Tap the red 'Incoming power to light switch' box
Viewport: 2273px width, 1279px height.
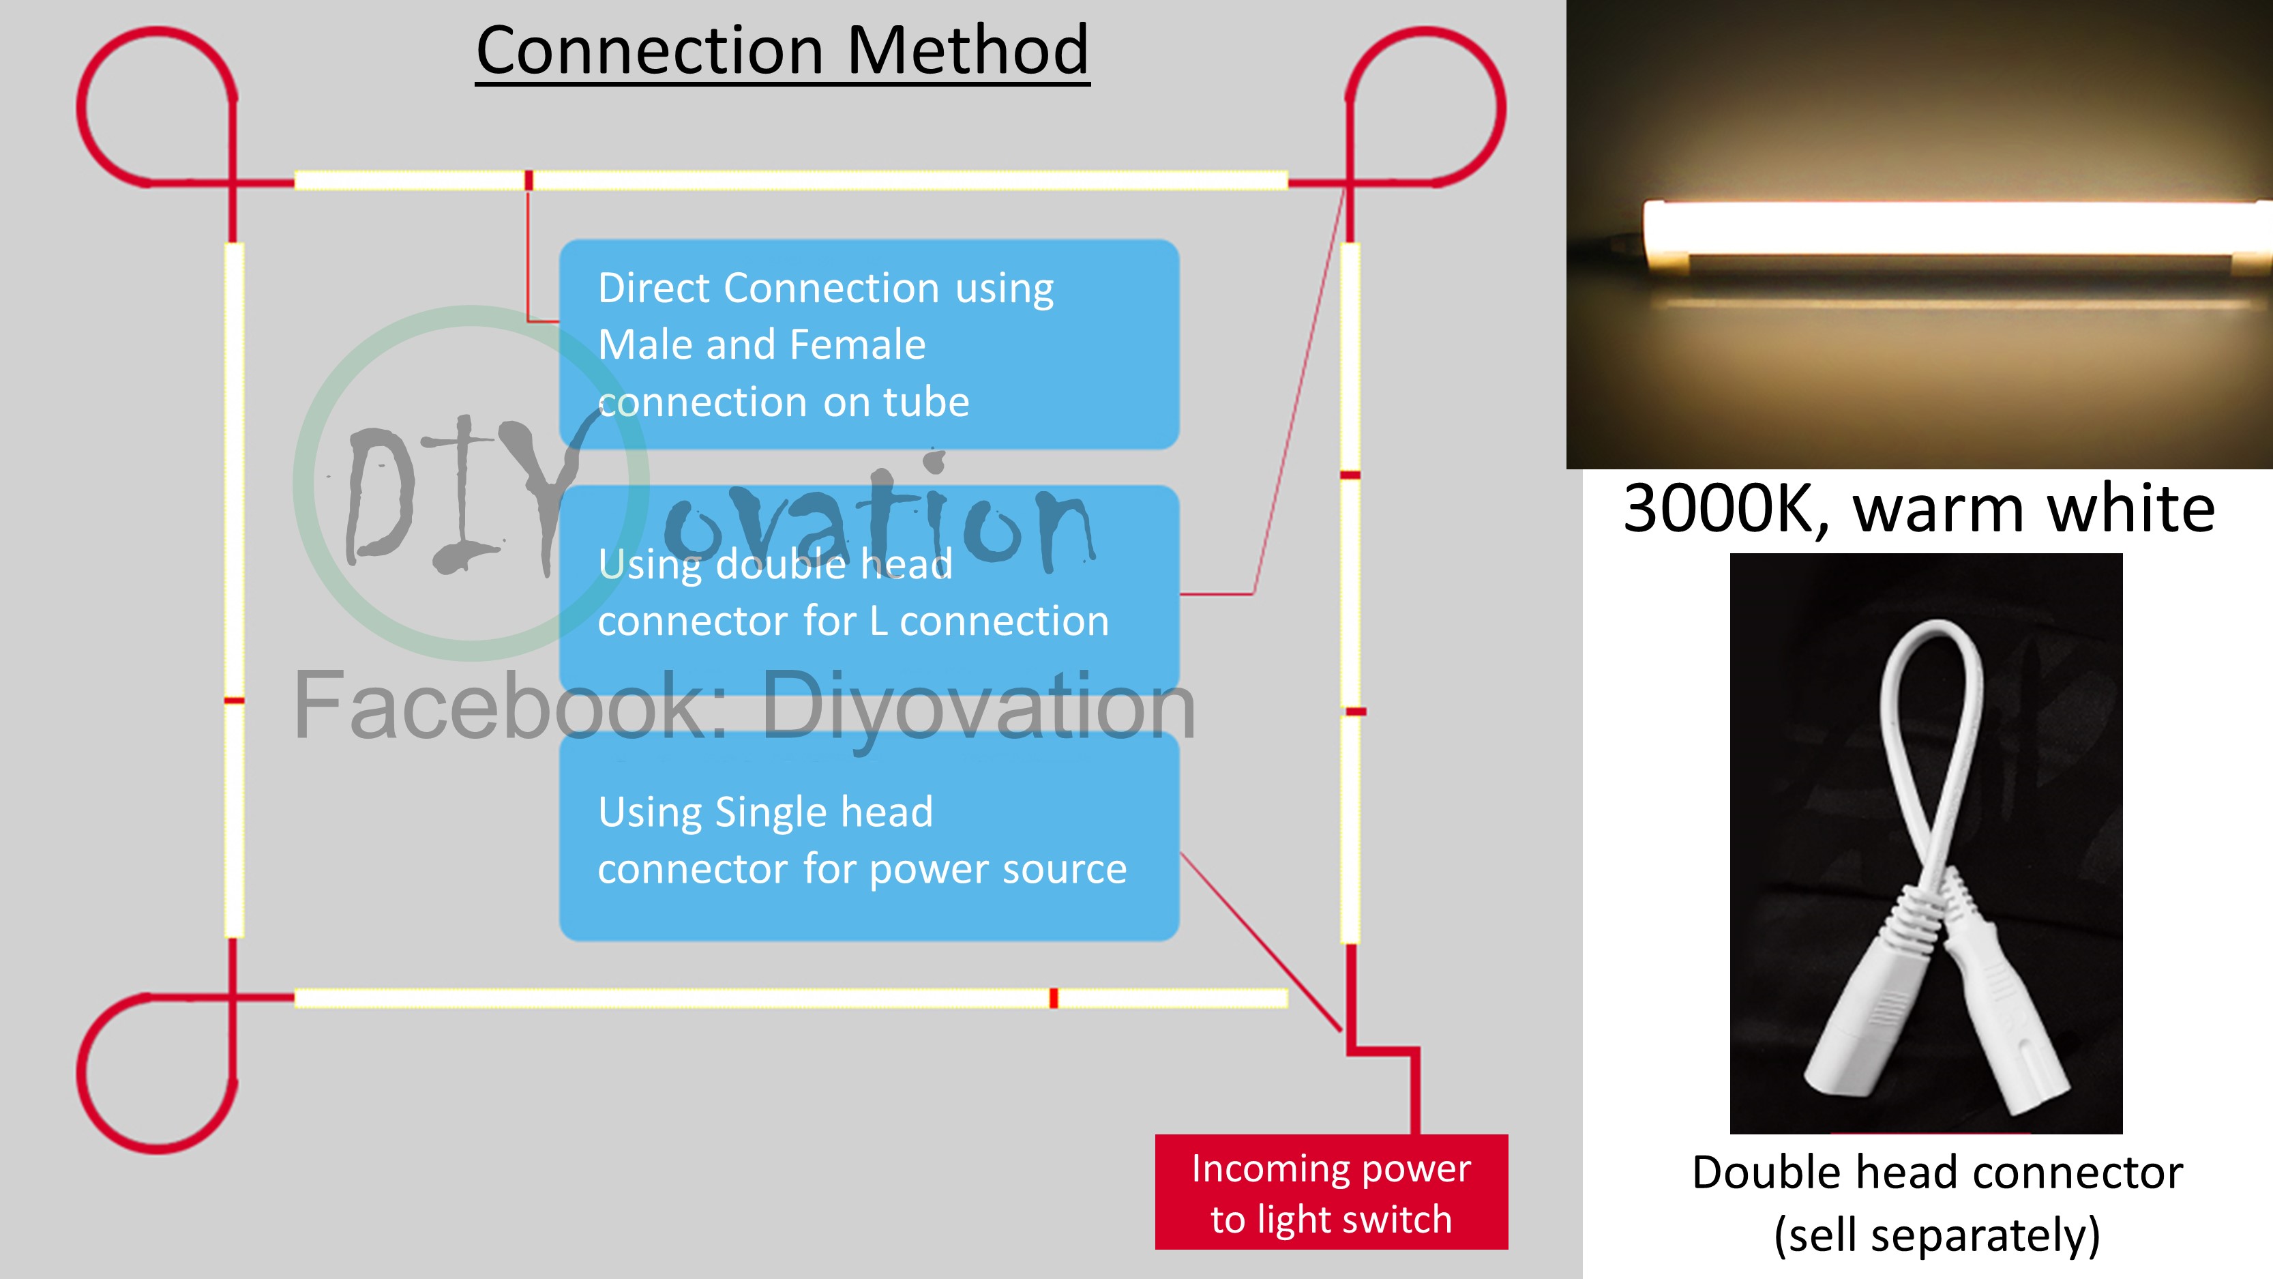pyautogui.click(x=1331, y=1192)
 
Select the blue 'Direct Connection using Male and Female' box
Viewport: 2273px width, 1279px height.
pyautogui.click(x=869, y=344)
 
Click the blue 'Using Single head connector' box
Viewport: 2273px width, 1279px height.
pyautogui.click(x=869, y=837)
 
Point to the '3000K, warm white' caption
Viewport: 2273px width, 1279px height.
pyautogui.click(x=1919, y=510)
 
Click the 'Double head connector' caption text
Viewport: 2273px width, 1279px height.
pyautogui.click(x=1937, y=1172)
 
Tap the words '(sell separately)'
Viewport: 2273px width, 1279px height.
pyautogui.click(x=1937, y=1234)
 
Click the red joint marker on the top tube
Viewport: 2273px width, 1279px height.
pyautogui.click(x=529, y=180)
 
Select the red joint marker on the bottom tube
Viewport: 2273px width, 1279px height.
pyautogui.click(x=1054, y=999)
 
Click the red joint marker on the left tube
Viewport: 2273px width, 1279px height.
pyautogui.click(x=234, y=701)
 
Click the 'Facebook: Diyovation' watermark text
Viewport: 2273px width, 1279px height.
pyautogui.click(x=744, y=707)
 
